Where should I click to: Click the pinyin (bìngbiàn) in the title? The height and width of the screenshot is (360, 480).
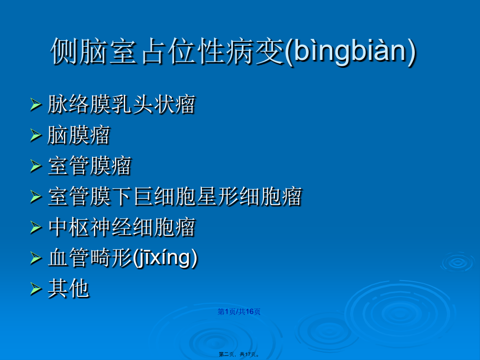click(x=350, y=51)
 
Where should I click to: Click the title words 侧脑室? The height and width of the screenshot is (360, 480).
click(x=94, y=51)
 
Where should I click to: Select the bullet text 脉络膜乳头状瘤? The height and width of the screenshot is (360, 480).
click(x=121, y=105)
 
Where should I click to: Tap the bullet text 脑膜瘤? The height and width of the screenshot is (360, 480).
click(x=79, y=135)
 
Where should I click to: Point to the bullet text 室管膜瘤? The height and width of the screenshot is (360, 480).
click(x=89, y=166)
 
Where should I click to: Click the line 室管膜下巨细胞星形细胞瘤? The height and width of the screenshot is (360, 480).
click(x=175, y=196)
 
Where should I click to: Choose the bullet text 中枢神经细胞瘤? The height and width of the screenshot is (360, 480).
click(x=121, y=227)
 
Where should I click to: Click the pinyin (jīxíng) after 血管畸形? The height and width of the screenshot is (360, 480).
click(x=165, y=258)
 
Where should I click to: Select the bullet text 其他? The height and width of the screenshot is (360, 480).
click(x=68, y=288)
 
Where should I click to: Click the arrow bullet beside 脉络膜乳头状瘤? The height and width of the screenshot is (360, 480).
click(x=36, y=105)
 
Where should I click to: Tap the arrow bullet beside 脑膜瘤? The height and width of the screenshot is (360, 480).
click(x=36, y=136)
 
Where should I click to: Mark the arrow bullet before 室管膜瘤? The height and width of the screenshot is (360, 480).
click(x=36, y=166)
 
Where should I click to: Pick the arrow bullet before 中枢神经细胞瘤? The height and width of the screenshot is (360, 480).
click(x=36, y=228)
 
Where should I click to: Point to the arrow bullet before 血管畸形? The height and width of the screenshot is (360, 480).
click(x=36, y=258)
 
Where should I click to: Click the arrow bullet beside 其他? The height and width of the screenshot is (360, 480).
click(x=36, y=289)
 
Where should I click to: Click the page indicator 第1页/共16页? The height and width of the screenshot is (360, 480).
click(x=239, y=312)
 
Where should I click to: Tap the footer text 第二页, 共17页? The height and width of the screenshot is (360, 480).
click(x=239, y=354)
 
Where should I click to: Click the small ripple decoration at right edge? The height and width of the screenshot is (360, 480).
click(x=458, y=262)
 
